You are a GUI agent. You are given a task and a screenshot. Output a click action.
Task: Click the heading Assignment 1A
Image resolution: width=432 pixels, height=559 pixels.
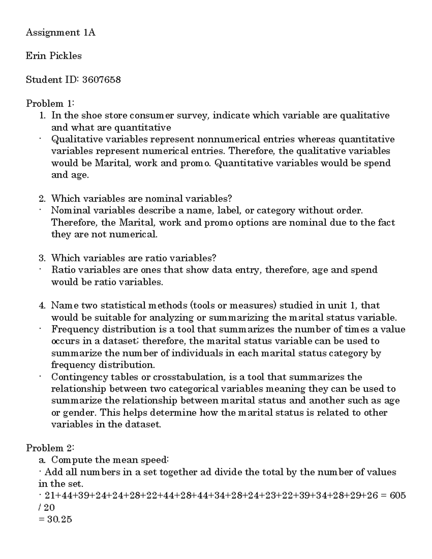(60, 33)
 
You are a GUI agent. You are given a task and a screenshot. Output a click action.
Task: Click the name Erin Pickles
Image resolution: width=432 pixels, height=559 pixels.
(54, 56)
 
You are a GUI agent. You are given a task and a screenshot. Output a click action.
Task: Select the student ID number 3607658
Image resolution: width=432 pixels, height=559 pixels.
(102, 80)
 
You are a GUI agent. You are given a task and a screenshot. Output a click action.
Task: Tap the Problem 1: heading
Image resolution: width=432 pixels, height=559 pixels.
(50, 104)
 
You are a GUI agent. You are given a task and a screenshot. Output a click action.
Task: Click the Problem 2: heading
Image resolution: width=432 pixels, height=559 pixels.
(50, 448)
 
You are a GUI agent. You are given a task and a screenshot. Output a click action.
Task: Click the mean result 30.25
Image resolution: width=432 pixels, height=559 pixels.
(59, 519)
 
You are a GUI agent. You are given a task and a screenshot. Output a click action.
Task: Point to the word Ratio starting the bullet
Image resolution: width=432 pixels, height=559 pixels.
(63, 270)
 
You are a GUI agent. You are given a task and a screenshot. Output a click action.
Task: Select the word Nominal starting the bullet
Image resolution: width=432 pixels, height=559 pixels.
(70, 210)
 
